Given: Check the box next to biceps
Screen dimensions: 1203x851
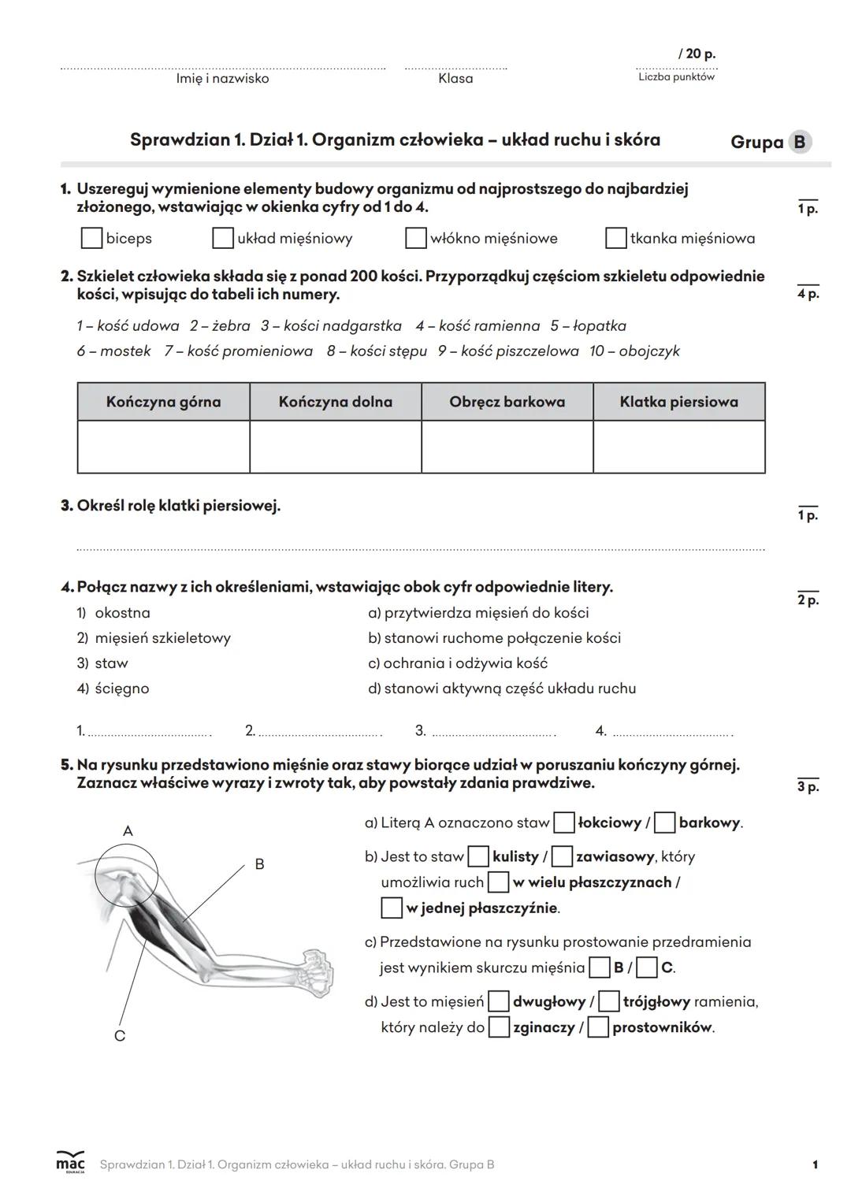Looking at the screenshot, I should click(91, 238).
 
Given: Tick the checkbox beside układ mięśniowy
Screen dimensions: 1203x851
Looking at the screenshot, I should click(223, 238).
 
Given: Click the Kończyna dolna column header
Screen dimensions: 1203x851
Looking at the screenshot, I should click(336, 402).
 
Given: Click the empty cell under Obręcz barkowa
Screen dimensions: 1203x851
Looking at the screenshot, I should click(507, 447).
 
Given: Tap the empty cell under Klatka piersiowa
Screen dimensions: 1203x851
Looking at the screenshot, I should click(679, 447).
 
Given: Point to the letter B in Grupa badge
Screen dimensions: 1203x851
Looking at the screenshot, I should click(800, 142).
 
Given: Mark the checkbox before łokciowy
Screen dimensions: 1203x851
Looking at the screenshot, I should click(564, 823).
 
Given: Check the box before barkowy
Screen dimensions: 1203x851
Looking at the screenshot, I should click(665, 823).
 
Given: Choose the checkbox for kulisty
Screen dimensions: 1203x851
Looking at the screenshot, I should click(478, 856).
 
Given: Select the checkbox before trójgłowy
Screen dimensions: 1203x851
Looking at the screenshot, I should click(608, 1002).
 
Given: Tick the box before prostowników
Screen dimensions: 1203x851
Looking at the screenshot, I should click(598, 1027).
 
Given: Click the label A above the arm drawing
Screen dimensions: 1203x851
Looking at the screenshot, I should click(128, 831).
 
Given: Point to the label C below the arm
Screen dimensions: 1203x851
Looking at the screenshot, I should click(120, 1036).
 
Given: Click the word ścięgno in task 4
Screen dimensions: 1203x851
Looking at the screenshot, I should click(121, 689).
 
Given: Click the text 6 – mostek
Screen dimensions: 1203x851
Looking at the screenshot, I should click(113, 351).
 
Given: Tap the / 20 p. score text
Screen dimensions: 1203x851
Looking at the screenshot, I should click(697, 54).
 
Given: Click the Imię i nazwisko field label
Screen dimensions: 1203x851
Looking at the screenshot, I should click(222, 79).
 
